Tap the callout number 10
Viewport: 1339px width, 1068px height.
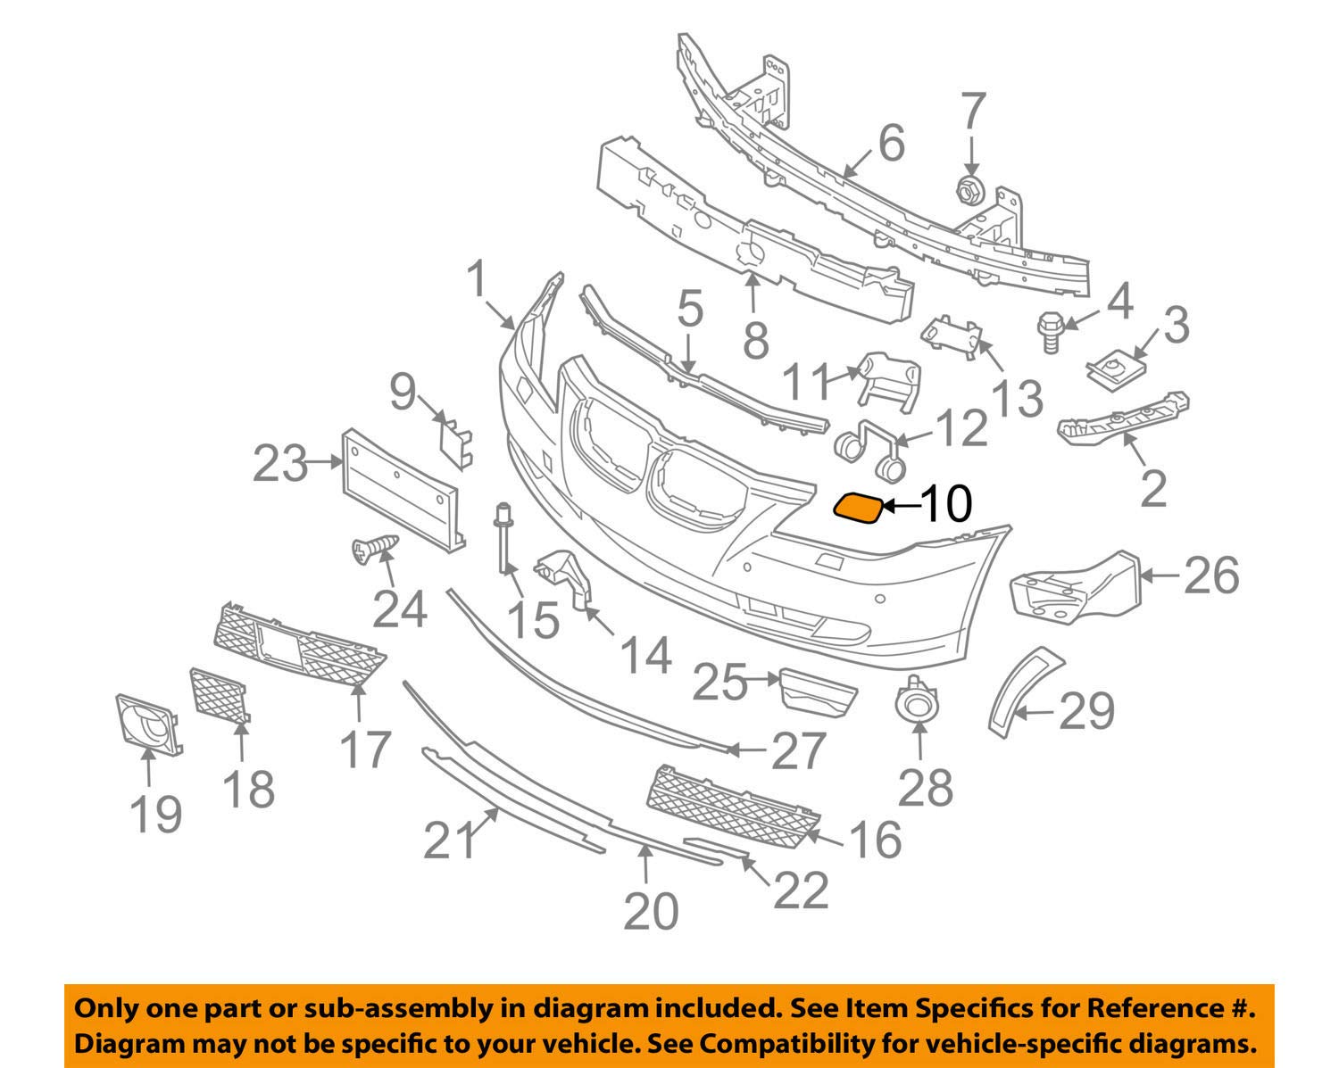tap(945, 504)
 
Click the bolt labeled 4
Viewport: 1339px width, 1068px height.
tap(1050, 332)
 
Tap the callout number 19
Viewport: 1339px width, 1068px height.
tap(156, 815)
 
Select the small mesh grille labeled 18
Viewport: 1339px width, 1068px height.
tap(219, 696)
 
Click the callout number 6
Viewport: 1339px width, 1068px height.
tap(892, 143)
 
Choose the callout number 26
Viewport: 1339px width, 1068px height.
tap(1211, 575)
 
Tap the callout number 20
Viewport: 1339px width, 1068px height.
tap(651, 912)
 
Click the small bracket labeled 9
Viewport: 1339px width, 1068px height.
tap(456, 443)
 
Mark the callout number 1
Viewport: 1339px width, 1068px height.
tap(477, 279)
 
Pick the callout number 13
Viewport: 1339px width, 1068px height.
tap(1017, 397)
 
